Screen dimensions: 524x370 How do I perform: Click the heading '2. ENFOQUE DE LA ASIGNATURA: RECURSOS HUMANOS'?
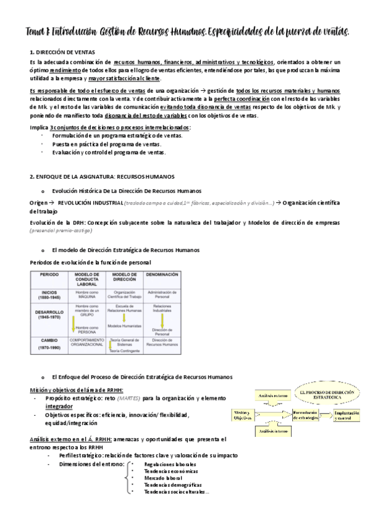[x=103, y=176]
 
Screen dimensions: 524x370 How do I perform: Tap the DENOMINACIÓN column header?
[x=161, y=275]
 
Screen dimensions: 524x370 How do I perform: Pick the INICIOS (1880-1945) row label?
[x=49, y=294]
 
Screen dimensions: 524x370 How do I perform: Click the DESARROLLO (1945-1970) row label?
[x=49, y=315]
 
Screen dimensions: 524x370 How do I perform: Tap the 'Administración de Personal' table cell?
[x=161, y=294]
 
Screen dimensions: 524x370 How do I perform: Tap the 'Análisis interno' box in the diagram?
[x=274, y=431]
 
